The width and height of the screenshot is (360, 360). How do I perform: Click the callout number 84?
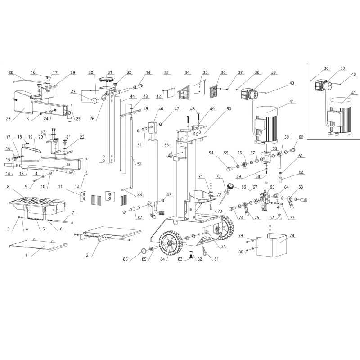tap(162, 259)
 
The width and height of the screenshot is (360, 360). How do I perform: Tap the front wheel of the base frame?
tap(171, 243)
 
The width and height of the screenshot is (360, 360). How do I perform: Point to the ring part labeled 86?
tap(144, 251)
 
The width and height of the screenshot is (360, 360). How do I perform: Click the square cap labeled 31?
tap(106, 80)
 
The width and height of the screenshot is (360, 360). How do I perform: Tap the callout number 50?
tap(229, 108)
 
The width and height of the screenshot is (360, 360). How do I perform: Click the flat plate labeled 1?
tap(38, 246)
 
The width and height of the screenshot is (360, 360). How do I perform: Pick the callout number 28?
tap(11, 72)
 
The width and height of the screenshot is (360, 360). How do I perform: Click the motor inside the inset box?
tap(340, 117)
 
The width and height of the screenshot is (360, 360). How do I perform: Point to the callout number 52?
tap(139, 164)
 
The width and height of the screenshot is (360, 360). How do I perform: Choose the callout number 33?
tap(166, 72)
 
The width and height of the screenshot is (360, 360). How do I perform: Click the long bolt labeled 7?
tap(60, 221)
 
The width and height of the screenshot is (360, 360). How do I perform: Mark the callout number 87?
tap(140, 218)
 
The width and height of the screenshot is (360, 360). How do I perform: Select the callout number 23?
tap(8, 119)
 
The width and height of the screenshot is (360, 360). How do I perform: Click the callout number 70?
tap(218, 177)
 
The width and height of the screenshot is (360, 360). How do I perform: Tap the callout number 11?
tap(60, 187)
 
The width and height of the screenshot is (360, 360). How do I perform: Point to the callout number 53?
tap(166, 145)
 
